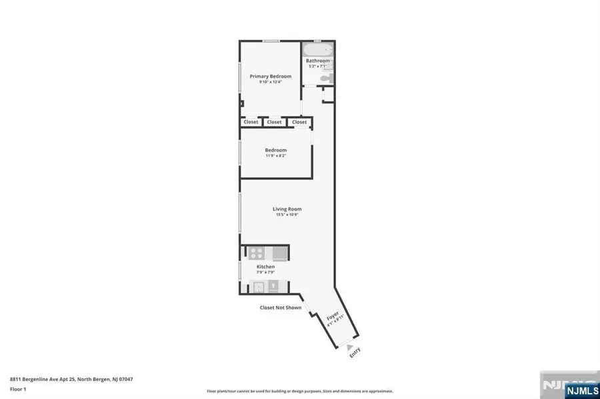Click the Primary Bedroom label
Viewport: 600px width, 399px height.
pos(270,77)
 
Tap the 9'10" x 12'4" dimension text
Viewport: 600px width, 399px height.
pos(270,82)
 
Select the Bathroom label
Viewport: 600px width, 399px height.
pos(317,61)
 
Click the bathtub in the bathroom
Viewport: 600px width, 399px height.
pos(317,51)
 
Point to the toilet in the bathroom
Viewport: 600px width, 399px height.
pos(325,79)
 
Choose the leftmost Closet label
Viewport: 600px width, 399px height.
pos(251,122)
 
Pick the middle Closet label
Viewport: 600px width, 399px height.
pos(274,122)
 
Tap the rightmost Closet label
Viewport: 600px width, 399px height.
pos(299,122)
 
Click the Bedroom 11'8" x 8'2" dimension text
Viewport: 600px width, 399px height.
pos(275,156)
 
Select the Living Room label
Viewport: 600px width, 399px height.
pos(287,209)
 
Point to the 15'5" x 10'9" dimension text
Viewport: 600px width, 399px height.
pos(287,214)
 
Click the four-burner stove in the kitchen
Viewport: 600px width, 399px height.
pos(257,252)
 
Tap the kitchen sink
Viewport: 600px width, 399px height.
pos(272,286)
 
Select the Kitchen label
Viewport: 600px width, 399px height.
pos(265,266)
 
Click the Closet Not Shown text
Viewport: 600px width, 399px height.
pos(280,308)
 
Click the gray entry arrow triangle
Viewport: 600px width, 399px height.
pos(349,346)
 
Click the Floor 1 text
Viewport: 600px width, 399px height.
pos(18,388)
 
